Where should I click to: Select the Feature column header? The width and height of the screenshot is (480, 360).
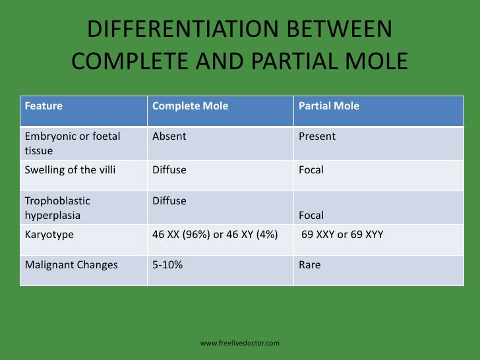click(x=44, y=105)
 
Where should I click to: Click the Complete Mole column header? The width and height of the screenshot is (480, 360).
click(x=190, y=105)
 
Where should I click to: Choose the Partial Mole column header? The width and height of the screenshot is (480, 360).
click(x=329, y=105)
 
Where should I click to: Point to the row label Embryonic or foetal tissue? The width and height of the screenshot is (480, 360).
click(x=72, y=143)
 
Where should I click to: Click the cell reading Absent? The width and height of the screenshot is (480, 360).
click(x=169, y=136)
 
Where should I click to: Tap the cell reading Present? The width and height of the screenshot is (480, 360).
click(x=317, y=136)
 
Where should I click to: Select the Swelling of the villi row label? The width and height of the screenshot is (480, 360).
click(x=70, y=169)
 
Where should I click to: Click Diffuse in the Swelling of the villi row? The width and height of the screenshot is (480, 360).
click(x=169, y=169)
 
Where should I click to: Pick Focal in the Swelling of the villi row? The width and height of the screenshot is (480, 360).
click(x=311, y=169)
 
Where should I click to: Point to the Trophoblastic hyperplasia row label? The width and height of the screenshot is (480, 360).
click(x=57, y=208)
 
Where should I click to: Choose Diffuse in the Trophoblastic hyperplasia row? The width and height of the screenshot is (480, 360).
click(x=169, y=200)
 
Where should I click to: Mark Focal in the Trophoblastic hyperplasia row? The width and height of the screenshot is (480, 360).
click(x=311, y=215)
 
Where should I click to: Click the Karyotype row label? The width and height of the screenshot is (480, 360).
click(x=49, y=234)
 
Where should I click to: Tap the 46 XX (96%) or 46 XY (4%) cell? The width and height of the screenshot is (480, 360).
click(x=215, y=234)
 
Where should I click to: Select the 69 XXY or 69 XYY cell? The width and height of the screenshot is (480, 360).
click(x=342, y=234)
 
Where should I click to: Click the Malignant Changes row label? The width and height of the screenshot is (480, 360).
click(x=71, y=265)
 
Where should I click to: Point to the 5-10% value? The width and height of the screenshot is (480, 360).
click(x=167, y=265)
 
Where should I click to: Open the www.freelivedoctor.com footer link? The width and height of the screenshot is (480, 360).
click(x=240, y=343)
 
